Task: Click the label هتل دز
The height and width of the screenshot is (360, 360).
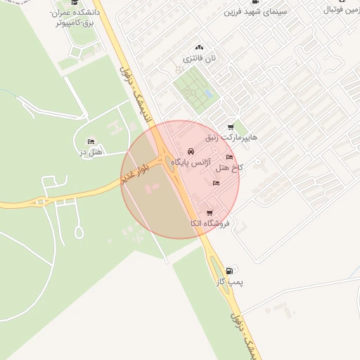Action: pos(91,152)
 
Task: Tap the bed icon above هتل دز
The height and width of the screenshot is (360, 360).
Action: pos(91,142)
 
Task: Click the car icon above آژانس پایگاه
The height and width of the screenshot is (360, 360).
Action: pos(191,153)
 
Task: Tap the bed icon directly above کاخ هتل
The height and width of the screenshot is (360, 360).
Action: pos(229,157)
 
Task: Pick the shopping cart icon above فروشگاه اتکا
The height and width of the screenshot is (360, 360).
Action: pos(209,213)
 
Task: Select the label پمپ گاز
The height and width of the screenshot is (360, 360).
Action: pos(230,281)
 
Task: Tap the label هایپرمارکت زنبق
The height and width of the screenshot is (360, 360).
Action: pos(232,137)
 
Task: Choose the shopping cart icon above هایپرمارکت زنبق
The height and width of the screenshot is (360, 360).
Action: pos(231,127)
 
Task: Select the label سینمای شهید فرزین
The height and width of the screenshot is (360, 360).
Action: pos(252,12)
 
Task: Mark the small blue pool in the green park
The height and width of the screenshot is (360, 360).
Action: pos(207,94)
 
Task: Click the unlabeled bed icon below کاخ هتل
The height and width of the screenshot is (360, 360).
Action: pos(216,184)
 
